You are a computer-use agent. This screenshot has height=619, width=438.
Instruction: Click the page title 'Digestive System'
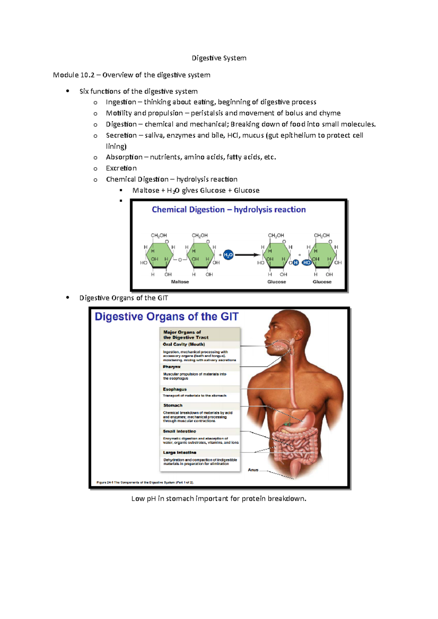[219, 58]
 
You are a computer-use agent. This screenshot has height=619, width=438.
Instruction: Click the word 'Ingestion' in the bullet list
[121, 102]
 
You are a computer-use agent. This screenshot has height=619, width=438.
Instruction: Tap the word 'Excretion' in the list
[121, 168]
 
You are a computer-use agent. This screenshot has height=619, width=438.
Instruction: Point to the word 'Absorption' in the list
[124, 157]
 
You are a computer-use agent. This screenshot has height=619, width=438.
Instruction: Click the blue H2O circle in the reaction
[228, 255]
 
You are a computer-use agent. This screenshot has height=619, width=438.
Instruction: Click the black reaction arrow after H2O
[247, 255]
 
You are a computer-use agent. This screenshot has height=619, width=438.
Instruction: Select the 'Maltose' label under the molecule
[180, 282]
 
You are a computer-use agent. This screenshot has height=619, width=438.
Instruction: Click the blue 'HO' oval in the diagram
[307, 262]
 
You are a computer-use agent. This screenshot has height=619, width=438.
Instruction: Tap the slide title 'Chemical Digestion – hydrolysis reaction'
[228, 210]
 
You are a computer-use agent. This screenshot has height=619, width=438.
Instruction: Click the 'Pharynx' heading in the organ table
[172, 367]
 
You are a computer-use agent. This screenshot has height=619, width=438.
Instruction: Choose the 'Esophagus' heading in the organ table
[174, 389]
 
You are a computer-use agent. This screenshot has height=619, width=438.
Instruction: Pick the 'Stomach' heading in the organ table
[173, 405]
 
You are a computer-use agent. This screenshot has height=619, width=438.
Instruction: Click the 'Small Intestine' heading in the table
[179, 431]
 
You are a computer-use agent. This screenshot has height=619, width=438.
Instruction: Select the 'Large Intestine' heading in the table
[180, 452]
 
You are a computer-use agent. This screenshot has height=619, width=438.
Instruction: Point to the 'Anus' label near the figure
[253, 470]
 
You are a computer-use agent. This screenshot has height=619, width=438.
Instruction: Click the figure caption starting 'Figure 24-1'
[145, 482]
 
